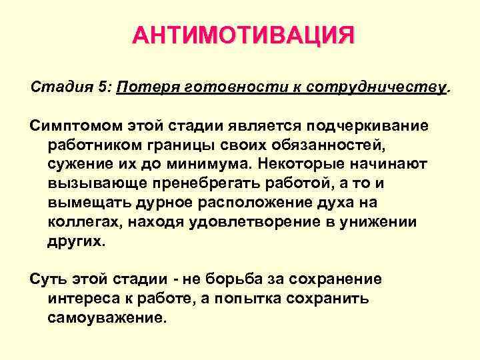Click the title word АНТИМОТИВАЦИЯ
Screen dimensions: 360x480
point(243,35)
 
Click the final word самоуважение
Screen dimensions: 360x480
point(106,318)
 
